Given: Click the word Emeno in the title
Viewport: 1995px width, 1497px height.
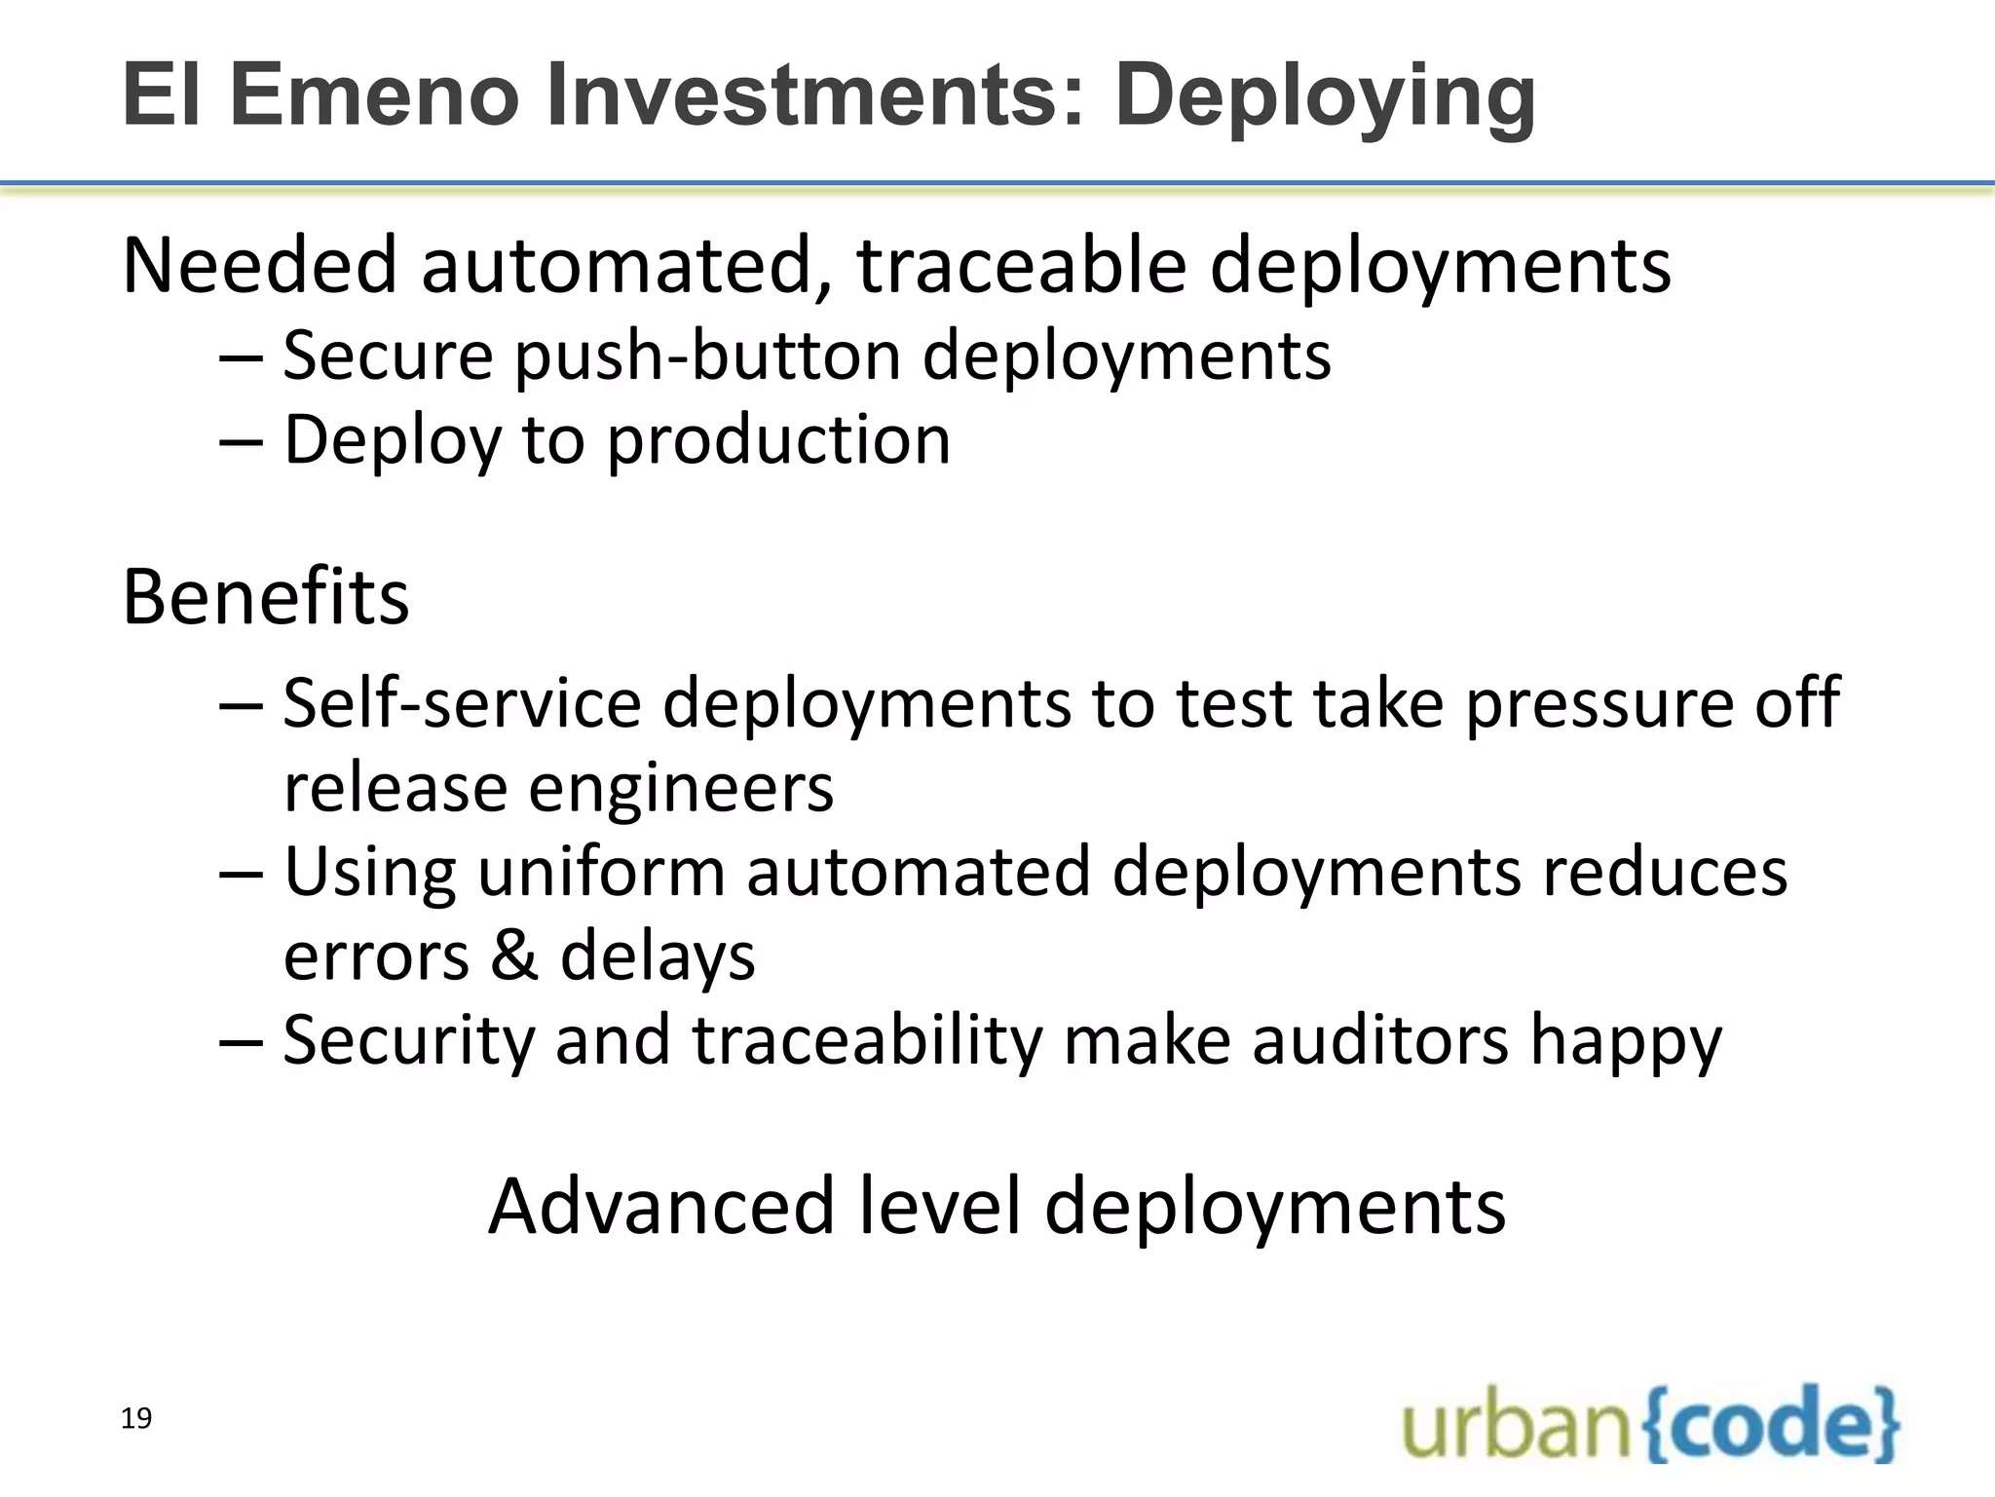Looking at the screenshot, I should pyautogui.click(x=374, y=95).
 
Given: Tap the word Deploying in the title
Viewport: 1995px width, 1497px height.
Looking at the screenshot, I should pyautogui.click(x=1325, y=95).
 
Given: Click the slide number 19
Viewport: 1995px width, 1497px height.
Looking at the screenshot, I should pyautogui.click(x=136, y=1418).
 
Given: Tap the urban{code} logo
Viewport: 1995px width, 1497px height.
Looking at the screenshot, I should pyautogui.click(x=1650, y=1424).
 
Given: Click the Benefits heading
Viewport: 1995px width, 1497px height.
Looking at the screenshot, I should pyautogui.click(x=265, y=596).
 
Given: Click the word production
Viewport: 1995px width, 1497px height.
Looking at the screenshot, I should pyautogui.click(x=778, y=441).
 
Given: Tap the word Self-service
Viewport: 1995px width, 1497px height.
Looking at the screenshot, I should pyautogui.click(x=462, y=702).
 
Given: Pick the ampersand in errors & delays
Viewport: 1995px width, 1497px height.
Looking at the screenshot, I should pyautogui.click(x=513, y=955).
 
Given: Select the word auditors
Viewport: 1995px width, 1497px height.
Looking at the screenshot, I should pyautogui.click(x=1379, y=1040).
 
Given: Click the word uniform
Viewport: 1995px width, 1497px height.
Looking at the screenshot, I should pyautogui.click(x=601, y=872).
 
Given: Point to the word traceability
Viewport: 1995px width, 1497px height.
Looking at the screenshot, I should pyautogui.click(x=867, y=1040).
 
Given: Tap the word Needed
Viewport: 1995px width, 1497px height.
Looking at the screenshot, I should pyautogui.click(x=259, y=265).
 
